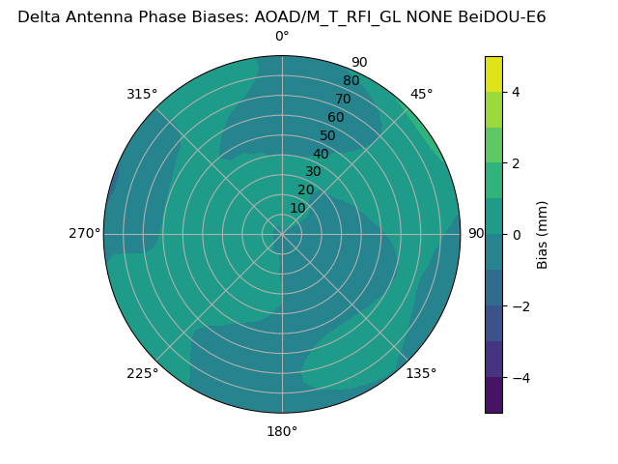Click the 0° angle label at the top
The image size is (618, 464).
282,37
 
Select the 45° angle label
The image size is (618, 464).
421,94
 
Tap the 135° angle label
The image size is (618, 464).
421,373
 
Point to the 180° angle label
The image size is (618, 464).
282,431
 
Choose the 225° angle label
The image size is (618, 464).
142,373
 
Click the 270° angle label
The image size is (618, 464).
84,234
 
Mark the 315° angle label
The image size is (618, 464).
142,94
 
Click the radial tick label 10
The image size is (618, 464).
297,208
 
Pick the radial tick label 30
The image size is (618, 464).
313,172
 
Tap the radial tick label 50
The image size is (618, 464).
327,136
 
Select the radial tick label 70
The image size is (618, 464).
343,100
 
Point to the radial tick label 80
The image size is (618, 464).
351,81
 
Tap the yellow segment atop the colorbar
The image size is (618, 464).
493,73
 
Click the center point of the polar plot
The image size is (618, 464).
282,234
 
